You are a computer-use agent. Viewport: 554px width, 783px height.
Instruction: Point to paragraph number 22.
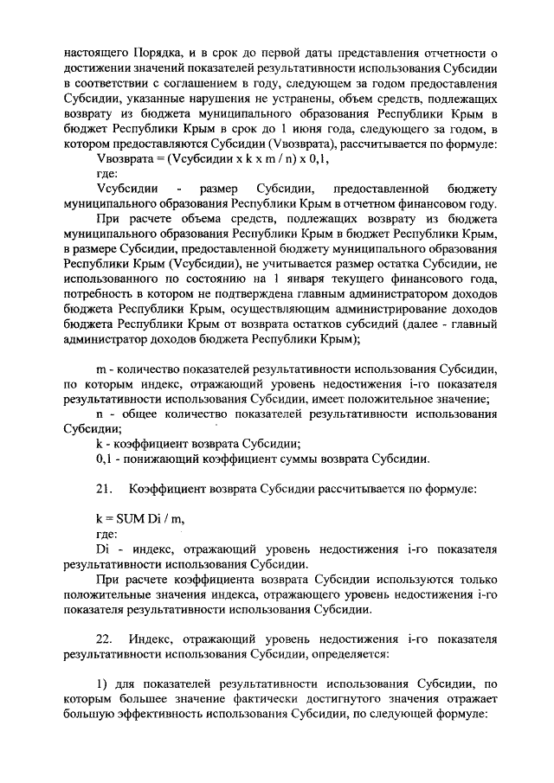(105, 639)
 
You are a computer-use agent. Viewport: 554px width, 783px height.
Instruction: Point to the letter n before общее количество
(100, 414)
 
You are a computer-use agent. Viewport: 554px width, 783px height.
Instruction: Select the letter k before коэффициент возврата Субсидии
(99, 444)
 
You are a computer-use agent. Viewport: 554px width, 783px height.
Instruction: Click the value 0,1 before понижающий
(104, 459)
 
